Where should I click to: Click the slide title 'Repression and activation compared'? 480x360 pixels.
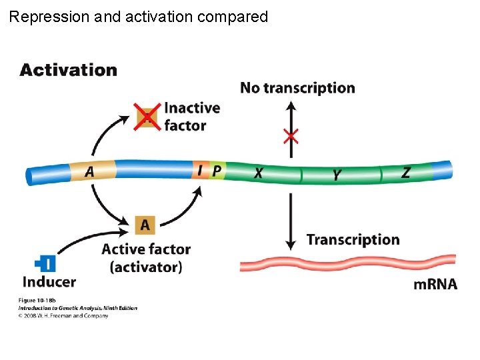(x=139, y=17)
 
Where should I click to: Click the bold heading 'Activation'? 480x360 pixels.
(x=68, y=70)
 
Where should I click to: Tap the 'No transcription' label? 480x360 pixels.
(x=297, y=88)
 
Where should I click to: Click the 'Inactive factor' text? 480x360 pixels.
(x=191, y=117)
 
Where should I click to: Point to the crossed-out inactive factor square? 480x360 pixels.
(x=147, y=117)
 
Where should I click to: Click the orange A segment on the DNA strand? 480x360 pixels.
(x=92, y=171)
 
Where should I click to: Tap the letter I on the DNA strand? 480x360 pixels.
(x=199, y=171)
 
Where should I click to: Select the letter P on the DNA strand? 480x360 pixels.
(x=217, y=171)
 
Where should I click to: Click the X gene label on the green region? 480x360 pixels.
(x=259, y=173)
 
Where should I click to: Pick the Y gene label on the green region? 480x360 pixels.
(x=337, y=175)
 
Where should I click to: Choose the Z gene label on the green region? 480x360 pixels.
(x=405, y=173)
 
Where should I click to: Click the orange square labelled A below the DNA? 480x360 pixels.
(x=145, y=225)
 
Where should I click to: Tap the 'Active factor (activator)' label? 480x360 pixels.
(x=146, y=258)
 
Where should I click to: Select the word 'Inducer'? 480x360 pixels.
(x=49, y=282)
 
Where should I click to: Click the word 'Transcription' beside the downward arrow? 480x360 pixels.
(x=353, y=240)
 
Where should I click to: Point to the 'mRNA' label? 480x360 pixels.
(x=435, y=285)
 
